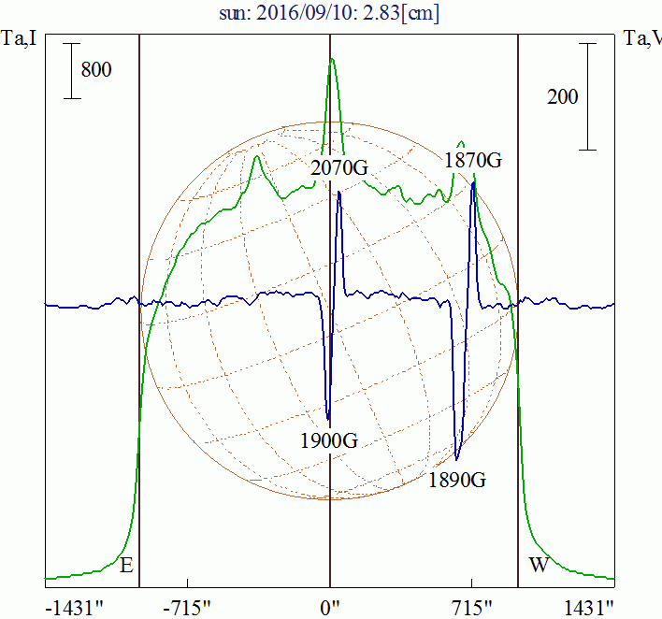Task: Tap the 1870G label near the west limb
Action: pyautogui.click(x=473, y=161)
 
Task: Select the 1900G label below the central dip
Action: pyautogui.click(x=329, y=441)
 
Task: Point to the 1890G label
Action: pyautogui.click(x=457, y=481)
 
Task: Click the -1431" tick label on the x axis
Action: pyautogui.click(x=74, y=606)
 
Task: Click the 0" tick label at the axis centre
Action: pyautogui.click(x=330, y=606)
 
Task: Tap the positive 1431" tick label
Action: pyautogui.click(x=589, y=606)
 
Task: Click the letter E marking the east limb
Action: pyautogui.click(x=127, y=565)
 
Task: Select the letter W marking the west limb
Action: pyautogui.click(x=538, y=565)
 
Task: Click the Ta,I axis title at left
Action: pyautogui.click(x=20, y=39)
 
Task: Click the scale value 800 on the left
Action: pyautogui.click(x=96, y=70)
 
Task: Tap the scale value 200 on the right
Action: pyautogui.click(x=562, y=96)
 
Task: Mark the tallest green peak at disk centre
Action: pyautogui.click(x=331, y=60)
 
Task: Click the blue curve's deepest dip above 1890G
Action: pyautogui.click(x=456, y=459)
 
